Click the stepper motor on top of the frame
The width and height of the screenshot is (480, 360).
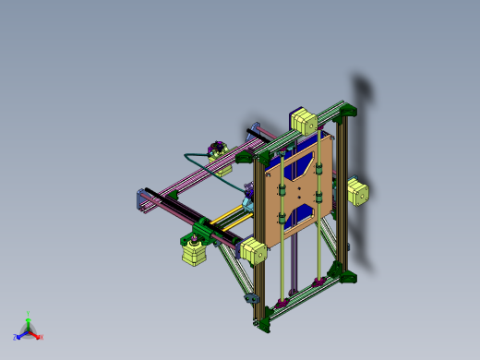tap(304, 120)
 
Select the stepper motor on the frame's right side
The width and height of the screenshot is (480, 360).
tap(357, 192)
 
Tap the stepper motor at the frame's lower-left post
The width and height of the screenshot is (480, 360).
tap(253, 250)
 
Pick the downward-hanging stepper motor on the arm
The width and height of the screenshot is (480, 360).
tap(193, 252)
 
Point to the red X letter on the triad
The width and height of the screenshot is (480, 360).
tap(42, 337)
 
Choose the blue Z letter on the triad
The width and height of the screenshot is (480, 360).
tap(16, 338)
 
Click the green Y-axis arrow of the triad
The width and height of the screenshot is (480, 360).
tap(28, 323)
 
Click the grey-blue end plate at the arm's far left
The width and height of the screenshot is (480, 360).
tap(141, 202)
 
